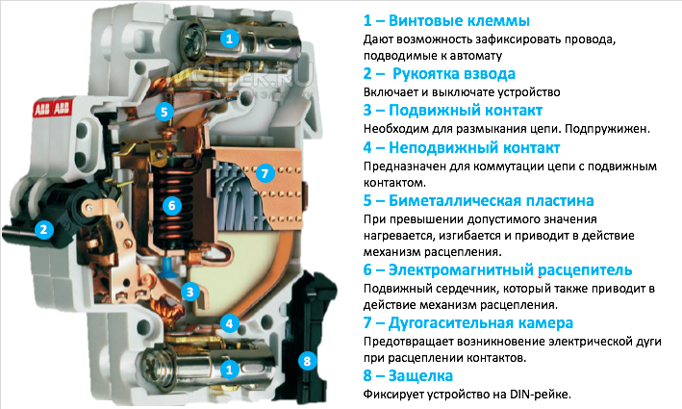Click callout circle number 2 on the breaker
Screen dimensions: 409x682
[43, 229]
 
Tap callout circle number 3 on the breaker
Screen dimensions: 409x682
[192, 292]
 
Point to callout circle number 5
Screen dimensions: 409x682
[164, 111]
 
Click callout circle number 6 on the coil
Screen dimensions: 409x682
[170, 205]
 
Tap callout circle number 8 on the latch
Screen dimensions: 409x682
[307, 361]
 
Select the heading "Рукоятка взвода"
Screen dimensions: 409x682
[454, 73]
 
